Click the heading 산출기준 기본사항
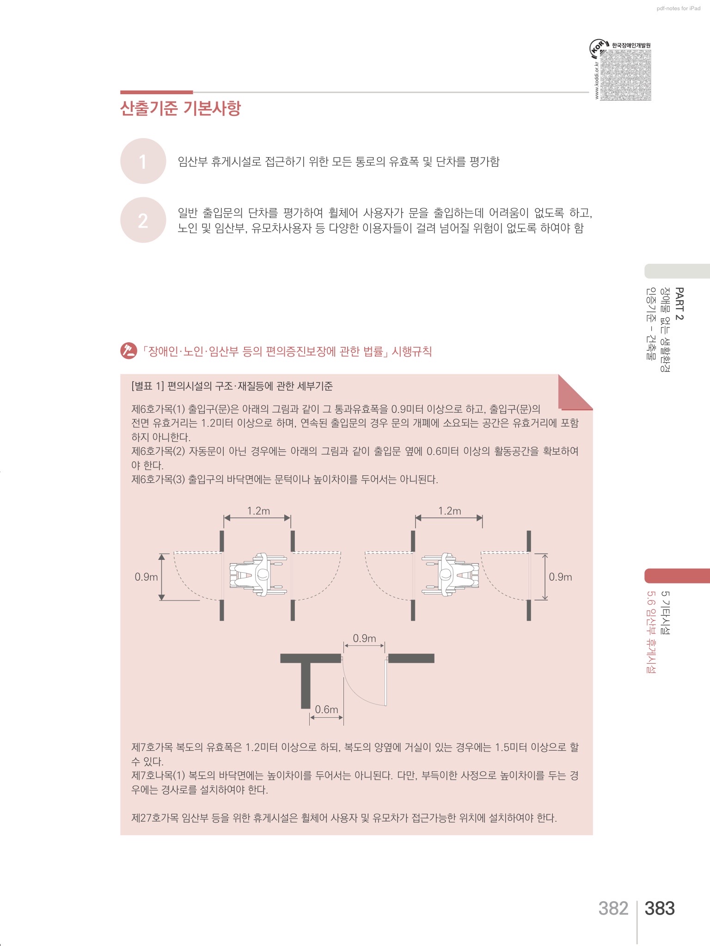180,108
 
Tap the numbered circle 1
143,161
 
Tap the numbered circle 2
143,220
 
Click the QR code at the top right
625,75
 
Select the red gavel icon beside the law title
129,351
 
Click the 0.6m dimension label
326,709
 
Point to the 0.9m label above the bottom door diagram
364,638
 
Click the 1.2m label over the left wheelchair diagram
258,510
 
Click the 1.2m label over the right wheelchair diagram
450,510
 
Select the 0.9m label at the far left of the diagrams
146,577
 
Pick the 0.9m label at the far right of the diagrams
560,577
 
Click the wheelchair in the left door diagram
258,575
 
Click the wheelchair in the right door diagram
450,575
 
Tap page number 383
660,908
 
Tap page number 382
613,908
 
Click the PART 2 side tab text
679,303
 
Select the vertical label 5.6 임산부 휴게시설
651,632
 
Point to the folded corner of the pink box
575,392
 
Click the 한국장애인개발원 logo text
631,45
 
